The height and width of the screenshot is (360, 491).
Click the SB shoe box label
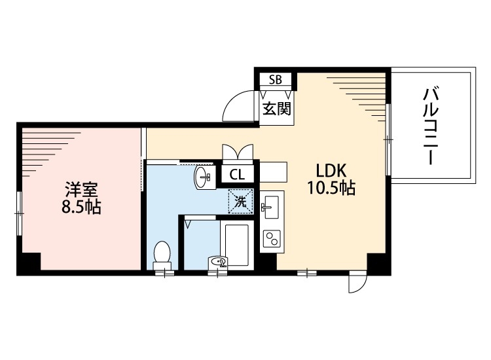pos(276,80)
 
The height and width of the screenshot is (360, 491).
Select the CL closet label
pos(238,175)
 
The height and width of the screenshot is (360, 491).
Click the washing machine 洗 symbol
pos(240,201)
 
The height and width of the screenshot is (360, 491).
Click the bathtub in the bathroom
pos(236,245)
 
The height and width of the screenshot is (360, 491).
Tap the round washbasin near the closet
pos(204,177)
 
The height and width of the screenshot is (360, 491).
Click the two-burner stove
pos(271,239)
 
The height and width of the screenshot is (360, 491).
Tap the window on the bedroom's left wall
pos(19,212)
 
